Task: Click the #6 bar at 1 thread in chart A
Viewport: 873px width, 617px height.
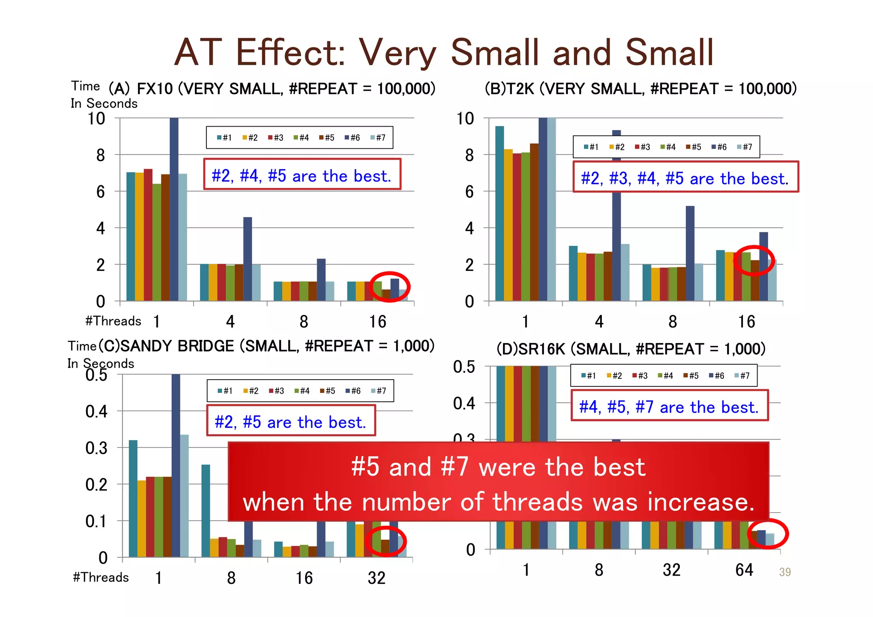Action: pyautogui.click(x=174, y=209)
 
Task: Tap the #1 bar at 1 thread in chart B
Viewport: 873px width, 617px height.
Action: pyautogui.click(x=500, y=213)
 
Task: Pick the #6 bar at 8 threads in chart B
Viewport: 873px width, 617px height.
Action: pyautogui.click(x=690, y=253)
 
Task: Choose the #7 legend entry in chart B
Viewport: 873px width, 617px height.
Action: pyautogui.click(x=745, y=147)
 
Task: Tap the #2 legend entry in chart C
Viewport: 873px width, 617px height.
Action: pyautogui.click(x=251, y=391)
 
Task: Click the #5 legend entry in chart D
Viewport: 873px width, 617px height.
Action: pyautogui.click(x=691, y=376)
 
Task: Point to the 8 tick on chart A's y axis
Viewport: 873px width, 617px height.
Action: pyautogui.click(x=100, y=155)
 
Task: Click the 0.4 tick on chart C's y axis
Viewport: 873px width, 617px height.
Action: pyautogui.click(x=96, y=412)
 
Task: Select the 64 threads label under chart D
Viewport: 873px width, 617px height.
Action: pyautogui.click(x=744, y=570)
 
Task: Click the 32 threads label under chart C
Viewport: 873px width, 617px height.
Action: pyautogui.click(x=376, y=578)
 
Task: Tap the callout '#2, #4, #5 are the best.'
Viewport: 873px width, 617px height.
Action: pyautogui.click(x=302, y=175)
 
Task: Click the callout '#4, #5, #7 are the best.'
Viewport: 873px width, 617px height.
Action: pyautogui.click(x=669, y=407)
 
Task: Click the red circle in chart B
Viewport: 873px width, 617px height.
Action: pyautogui.click(x=754, y=260)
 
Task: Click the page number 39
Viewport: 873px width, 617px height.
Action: pyautogui.click(x=784, y=572)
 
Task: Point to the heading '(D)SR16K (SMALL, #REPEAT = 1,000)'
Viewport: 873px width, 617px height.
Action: pyautogui.click(x=631, y=349)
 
